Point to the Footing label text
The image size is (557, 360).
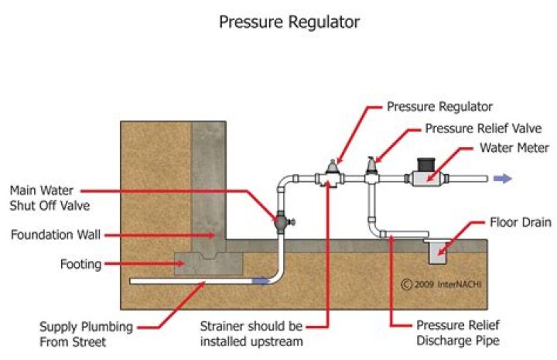click(x=80, y=264)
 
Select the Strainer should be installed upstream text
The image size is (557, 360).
click(x=249, y=331)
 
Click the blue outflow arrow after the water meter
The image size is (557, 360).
click(x=503, y=178)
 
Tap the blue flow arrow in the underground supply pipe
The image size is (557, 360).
click(x=261, y=281)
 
